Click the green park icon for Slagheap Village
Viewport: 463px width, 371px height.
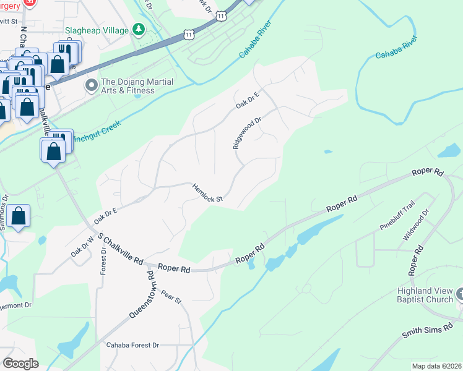[140, 30]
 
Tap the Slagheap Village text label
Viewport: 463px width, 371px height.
[97, 30]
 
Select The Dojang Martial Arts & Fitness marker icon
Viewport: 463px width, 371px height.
[92, 85]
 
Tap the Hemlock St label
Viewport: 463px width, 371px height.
[207, 192]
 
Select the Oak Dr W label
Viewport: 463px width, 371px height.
[82, 249]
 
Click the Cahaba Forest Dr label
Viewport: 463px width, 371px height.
[132, 345]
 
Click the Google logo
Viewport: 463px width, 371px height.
[20, 364]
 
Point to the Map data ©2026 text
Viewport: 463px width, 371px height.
[436, 366]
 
